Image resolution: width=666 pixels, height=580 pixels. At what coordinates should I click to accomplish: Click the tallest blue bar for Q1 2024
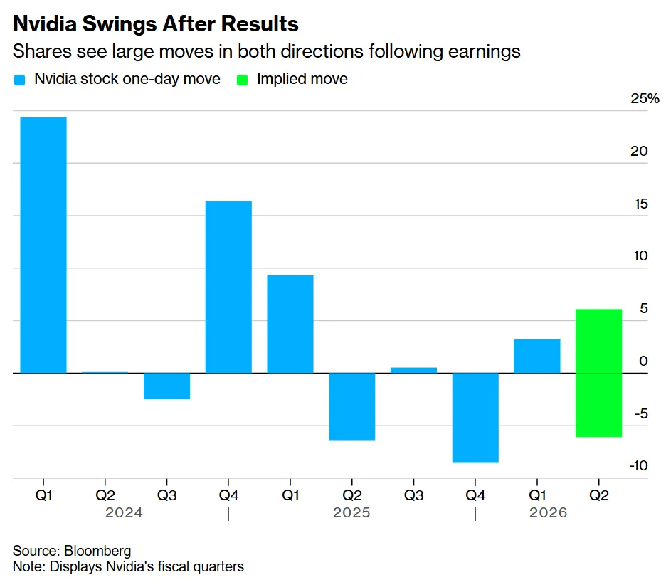(43, 245)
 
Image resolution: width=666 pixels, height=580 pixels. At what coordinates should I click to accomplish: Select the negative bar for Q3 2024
(166, 386)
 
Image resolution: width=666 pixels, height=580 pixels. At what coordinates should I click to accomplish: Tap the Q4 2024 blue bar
(228, 287)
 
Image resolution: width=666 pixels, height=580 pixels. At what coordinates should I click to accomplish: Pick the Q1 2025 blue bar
(290, 324)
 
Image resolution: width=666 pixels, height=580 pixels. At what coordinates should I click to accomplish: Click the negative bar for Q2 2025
(351, 406)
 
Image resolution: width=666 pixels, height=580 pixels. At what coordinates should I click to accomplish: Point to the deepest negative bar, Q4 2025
(475, 417)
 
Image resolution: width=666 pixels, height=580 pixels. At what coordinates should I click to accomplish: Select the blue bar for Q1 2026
(537, 356)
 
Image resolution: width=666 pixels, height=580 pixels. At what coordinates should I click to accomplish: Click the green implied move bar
(598, 373)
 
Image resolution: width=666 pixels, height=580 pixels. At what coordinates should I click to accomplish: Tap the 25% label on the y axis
(645, 99)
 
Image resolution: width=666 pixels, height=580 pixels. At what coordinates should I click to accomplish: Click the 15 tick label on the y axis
(641, 204)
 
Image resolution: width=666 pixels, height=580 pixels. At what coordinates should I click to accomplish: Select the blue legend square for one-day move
(19, 80)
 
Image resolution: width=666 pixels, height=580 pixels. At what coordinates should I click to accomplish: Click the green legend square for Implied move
(242, 80)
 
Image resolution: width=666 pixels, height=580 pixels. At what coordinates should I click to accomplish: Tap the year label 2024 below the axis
(124, 513)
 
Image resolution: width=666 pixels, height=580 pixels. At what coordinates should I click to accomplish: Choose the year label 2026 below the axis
(548, 513)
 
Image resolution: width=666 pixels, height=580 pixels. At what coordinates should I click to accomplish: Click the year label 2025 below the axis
(351, 513)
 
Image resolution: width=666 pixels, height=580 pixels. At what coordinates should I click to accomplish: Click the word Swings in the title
(119, 24)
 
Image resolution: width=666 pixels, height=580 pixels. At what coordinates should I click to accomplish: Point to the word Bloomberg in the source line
(97, 551)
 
